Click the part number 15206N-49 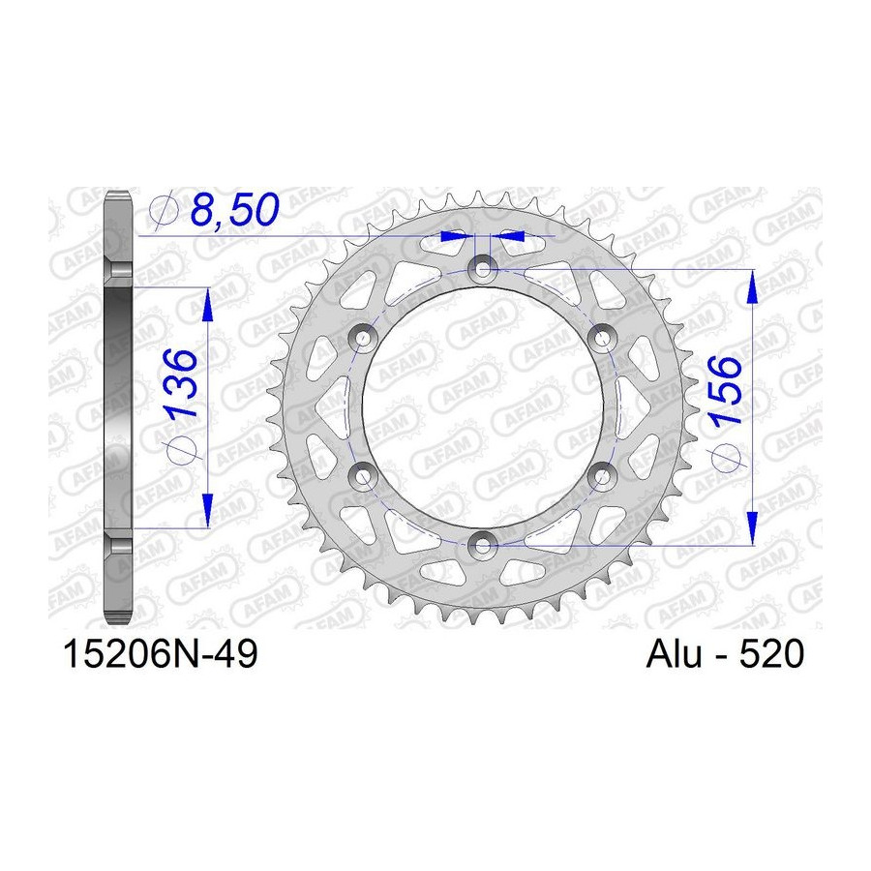pos(161,654)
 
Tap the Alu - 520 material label pos(725,654)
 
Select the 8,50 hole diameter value pos(234,210)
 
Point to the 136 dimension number pos(181,383)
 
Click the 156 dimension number pos(726,391)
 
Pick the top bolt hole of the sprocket pos(482,269)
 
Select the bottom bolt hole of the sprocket pos(482,545)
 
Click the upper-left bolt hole pos(363,338)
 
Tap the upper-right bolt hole pos(602,338)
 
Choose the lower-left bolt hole pos(363,475)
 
